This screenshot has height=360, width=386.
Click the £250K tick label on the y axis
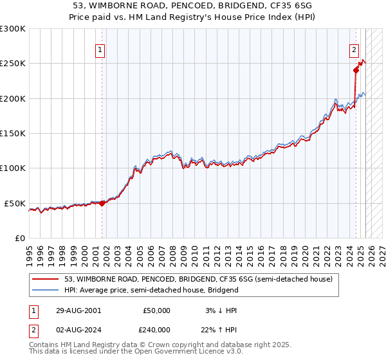pyautogui.click(x=13, y=64)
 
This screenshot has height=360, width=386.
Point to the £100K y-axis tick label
pyautogui.click(x=13, y=168)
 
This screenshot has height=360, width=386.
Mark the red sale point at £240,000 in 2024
pyautogui.click(x=356, y=71)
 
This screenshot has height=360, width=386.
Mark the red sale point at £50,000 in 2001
pyautogui.click(x=102, y=203)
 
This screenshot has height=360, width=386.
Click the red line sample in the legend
pyautogui.click(x=46, y=279)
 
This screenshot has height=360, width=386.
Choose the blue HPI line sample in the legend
pyautogui.click(x=46, y=290)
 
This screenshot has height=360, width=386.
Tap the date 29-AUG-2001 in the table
pyautogui.click(x=78, y=310)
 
